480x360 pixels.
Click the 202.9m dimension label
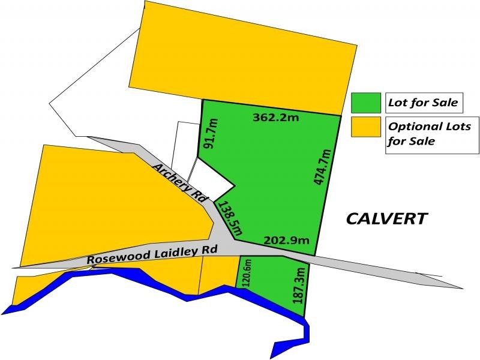point(287,241)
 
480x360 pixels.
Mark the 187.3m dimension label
point(301,286)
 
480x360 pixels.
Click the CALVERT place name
point(387,218)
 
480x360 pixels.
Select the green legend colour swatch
point(366,103)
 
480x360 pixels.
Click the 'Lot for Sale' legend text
point(422,103)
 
